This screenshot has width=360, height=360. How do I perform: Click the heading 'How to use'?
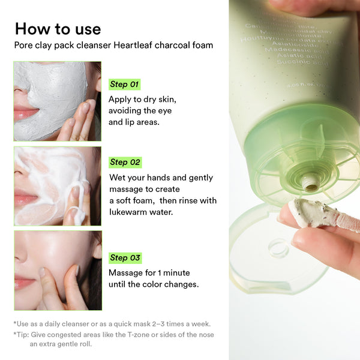(58, 28)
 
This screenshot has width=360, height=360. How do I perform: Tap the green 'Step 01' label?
(124, 84)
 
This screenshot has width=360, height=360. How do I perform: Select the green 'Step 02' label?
(125, 162)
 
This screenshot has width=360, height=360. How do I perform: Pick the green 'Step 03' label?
(125, 258)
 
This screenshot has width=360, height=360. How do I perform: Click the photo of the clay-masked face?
(57, 101)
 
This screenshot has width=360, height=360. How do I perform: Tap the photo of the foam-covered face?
(57, 186)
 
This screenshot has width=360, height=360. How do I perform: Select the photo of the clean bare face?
(57, 270)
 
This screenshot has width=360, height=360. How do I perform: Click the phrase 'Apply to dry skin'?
(142, 100)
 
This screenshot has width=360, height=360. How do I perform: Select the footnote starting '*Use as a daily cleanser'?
(112, 323)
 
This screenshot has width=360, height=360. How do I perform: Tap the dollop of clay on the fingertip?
(315, 213)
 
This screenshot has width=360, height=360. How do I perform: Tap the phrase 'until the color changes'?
(153, 284)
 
